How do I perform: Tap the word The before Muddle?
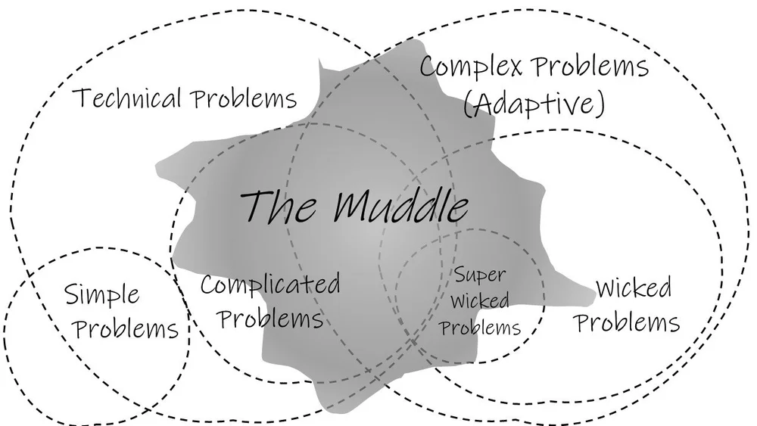[x=281, y=205]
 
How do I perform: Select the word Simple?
[x=101, y=295]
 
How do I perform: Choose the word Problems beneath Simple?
[x=127, y=329]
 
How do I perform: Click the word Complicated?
[x=269, y=286]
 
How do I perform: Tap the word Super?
[x=480, y=275]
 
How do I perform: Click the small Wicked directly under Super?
[x=480, y=301]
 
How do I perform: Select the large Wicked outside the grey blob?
[x=633, y=288]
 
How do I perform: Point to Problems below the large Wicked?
[x=626, y=322]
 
